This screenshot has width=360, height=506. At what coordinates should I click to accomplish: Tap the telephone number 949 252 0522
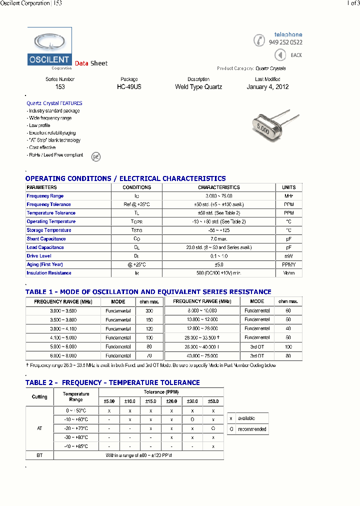pyautogui.click(x=285, y=42)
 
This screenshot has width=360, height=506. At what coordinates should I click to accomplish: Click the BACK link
pyautogui.click(x=296, y=55)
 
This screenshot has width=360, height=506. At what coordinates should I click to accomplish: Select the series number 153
pyautogui.click(x=60, y=87)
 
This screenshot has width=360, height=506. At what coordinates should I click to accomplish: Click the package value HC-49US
pyautogui.click(x=128, y=87)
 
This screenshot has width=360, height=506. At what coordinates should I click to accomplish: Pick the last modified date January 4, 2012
pyautogui.click(x=267, y=87)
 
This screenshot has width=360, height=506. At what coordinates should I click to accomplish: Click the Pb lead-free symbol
pyautogui.click(x=95, y=156)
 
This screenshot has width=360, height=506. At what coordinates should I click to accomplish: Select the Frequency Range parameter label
pyautogui.click(x=45, y=196)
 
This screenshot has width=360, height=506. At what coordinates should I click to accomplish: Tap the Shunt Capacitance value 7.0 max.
pyautogui.click(x=218, y=239)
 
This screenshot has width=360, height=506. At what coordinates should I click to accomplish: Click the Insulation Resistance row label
pyautogui.click(x=49, y=273)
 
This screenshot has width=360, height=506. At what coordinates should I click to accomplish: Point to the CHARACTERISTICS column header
pyautogui.click(x=218, y=187)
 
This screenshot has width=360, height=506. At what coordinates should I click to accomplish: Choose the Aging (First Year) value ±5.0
pyautogui.click(x=218, y=264)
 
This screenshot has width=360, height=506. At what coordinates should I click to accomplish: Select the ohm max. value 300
pyautogui.click(x=149, y=311)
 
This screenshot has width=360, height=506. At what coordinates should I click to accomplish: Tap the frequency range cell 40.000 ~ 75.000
pyautogui.click(x=202, y=356)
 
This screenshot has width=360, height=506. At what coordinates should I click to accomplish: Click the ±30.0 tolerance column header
pyautogui.click(x=192, y=401)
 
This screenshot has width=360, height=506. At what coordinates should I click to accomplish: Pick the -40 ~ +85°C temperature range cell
pyautogui.click(x=76, y=446)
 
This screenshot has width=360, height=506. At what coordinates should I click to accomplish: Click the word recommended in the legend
pyautogui.click(x=252, y=429)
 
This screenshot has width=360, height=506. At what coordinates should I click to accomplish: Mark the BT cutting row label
pyautogui.click(x=39, y=455)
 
